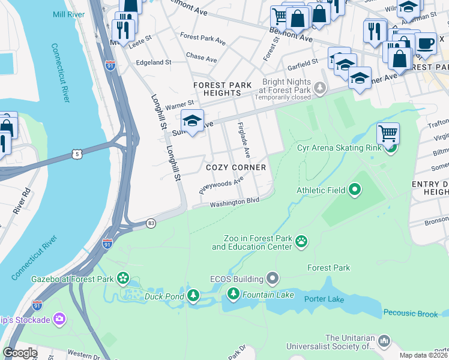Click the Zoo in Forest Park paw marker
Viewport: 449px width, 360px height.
click(301, 242)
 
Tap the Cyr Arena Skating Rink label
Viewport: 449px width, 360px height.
click(339, 148)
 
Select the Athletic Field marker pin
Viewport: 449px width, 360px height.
click(355, 190)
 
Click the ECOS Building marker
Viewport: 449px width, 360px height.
click(273, 278)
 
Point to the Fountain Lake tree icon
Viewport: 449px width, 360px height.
click(234, 293)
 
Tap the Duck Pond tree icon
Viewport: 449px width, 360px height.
click(193, 295)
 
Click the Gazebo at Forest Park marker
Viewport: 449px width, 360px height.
click(123, 278)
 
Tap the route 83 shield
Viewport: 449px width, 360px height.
click(151, 223)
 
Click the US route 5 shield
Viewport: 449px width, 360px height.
click(76, 154)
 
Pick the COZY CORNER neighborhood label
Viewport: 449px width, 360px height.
click(236, 167)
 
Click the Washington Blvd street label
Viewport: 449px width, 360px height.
click(234, 203)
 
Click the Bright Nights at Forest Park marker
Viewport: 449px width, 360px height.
click(321, 88)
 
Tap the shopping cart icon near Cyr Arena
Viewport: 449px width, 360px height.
click(388, 133)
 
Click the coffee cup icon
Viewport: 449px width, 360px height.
click(425, 43)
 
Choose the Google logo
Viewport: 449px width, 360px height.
click(20, 353)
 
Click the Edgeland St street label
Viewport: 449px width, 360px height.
click(154, 62)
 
